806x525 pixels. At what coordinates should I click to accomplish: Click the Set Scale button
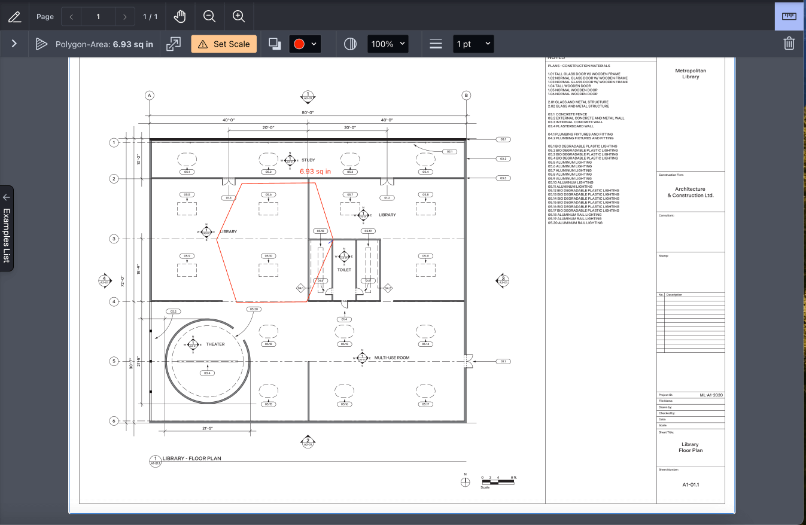(x=224, y=44)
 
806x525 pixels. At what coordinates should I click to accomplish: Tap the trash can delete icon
(x=789, y=44)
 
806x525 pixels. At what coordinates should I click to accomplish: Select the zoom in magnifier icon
(x=239, y=17)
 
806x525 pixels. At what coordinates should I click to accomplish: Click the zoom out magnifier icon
(x=209, y=17)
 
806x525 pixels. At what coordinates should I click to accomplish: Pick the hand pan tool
(x=180, y=17)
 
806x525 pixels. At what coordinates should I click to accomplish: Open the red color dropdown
(x=305, y=44)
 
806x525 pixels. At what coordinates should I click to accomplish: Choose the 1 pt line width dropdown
(x=473, y=44)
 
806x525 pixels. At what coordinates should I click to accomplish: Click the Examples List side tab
(x=7, y=228)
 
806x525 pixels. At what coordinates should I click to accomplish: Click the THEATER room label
(x=215, y=344)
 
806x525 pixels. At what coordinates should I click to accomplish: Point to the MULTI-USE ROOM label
(x=392, y=358)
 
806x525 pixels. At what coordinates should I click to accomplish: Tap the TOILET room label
(x=344, y=270)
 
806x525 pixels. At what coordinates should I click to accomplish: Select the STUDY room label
(x=308, y=160)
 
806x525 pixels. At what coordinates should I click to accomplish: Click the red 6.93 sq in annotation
(x=315, y=172)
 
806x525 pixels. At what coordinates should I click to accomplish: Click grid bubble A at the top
(x=150, y=95)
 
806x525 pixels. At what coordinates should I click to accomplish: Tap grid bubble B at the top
(x=466, y=95)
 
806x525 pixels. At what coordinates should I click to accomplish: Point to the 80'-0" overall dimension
(x=308, y=112)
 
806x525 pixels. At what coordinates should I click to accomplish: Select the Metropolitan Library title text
(x=691, y=74)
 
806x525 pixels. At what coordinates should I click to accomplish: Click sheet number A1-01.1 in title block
(x=691, y=484)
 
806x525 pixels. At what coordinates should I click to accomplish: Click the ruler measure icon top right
(x=789, y=16)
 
